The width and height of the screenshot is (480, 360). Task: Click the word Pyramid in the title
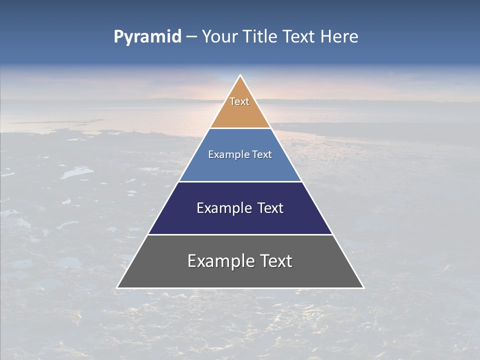(147, 37)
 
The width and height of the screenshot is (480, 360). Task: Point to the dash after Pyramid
(191, 37)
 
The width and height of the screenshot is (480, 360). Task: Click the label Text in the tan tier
(239, 101)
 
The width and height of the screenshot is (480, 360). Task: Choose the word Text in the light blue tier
(262, 154)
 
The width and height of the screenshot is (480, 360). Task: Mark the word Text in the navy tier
(270, 208)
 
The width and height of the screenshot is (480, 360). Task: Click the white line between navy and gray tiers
(240, 234)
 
